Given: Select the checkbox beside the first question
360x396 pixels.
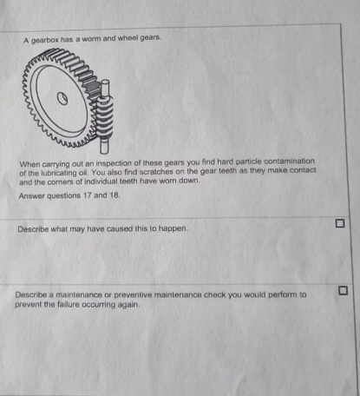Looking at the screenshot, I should coord(341,224).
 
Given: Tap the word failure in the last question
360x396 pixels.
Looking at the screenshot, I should coord(64,304).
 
